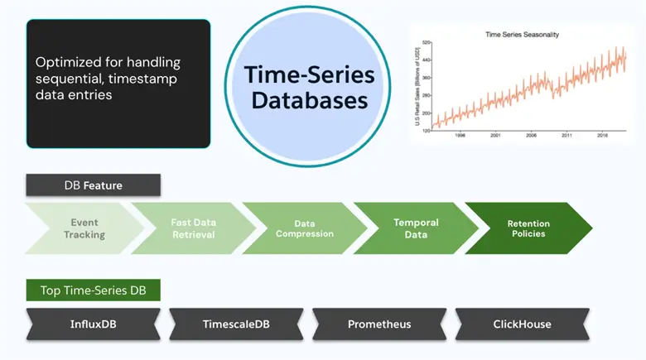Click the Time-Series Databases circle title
pyautogui.click(x=309, y=88)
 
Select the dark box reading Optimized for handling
pyautogui.click(x=118, y=84)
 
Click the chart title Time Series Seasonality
pyautogui.click(x=520, y=34)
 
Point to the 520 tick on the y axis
pyautogui.click(x=427, y=41)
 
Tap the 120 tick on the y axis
pyautogui.click(x=427, y=129)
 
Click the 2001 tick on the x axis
pyautogui.click(x=494, y=135)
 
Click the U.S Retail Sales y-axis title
pyautogui.click(x=418, y=85)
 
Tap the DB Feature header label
pyautogui.click(x=93, y=185)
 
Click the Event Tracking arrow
pyautogui.click(x=83, y=228)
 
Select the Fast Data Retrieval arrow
pyautogui.click(x=193, y=228)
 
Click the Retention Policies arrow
pyautogui.click(x=528, y=228)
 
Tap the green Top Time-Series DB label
pyautogui.click(x=93, y=290)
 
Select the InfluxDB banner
pyautogui.click(x=92, y=324)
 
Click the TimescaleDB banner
pyautogui.click(x=235, y=324)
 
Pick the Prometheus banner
pyautogui.click(x=378, y=324)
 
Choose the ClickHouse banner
pyautogui.click(x=522, y=324)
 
